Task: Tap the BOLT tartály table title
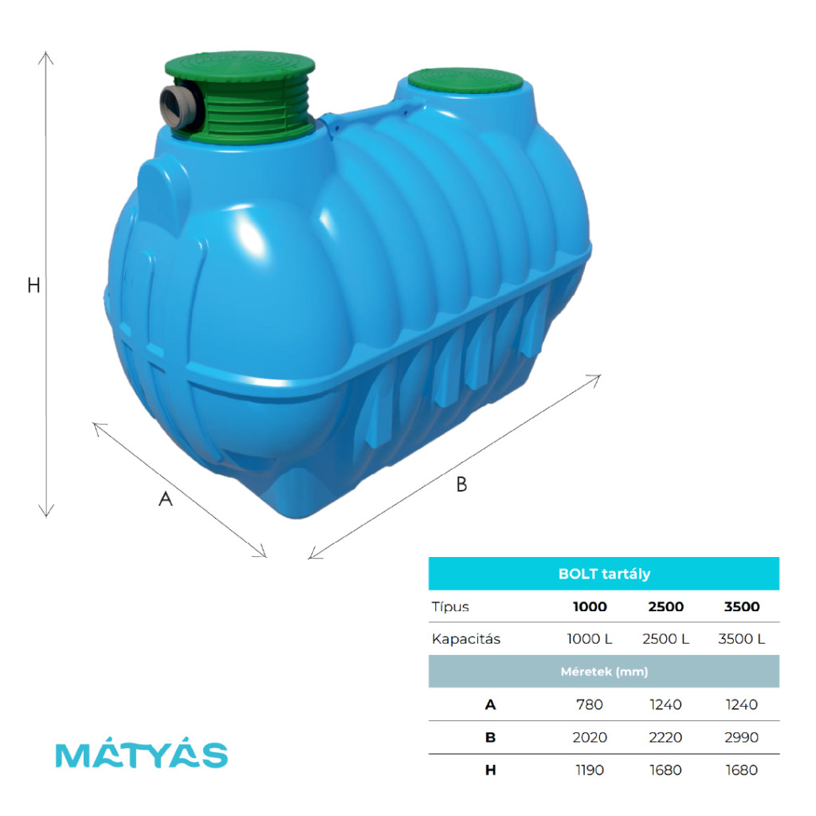604,574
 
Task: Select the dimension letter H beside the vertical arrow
33,285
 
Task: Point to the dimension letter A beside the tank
166,499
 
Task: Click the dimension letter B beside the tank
461,484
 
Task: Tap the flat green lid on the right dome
465,80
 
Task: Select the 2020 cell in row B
590,737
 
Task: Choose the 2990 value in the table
742,737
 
